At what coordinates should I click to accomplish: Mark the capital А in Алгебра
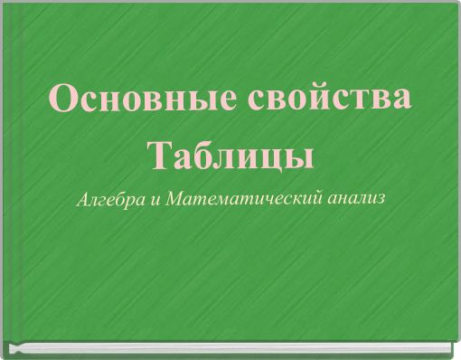click(x=83, y=198)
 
